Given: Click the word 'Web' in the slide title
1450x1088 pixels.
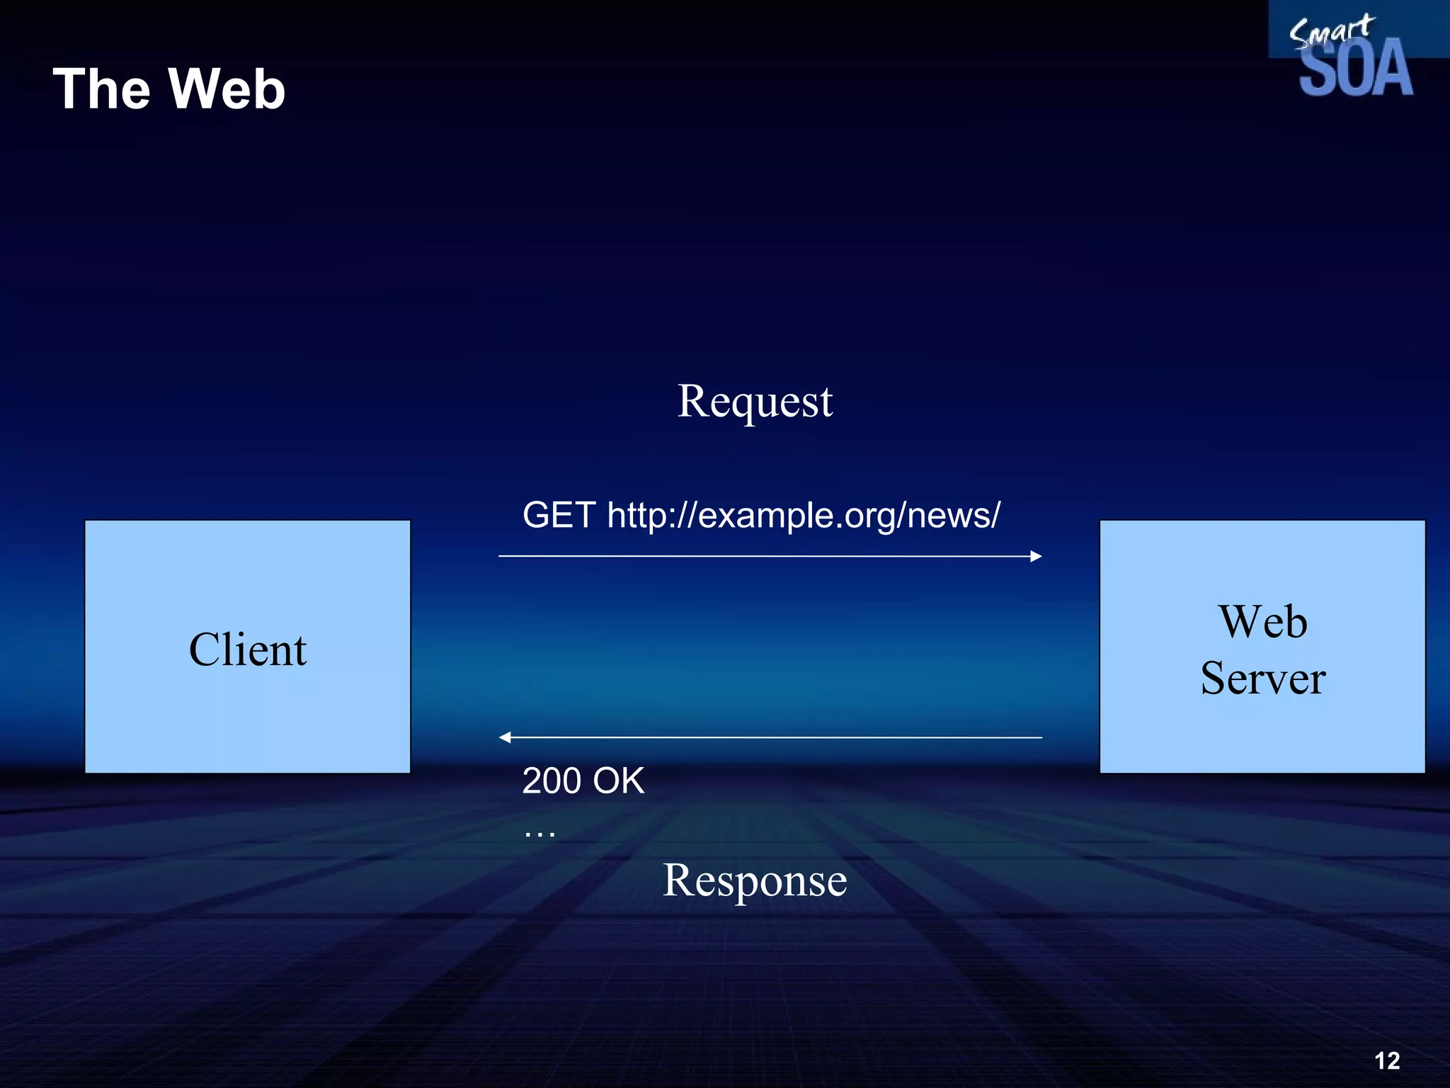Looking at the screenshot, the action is [x=227, y=89].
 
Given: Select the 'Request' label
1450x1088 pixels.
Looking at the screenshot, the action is [x=755, y=402].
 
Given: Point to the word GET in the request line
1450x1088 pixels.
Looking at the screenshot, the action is [x=559, y=515].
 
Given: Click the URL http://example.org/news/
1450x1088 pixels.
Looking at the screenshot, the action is [x=804, y=516].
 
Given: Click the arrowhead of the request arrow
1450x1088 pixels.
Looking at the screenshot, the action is [x=1036, y=556].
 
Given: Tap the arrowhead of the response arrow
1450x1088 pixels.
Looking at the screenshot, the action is [x=505, y=737].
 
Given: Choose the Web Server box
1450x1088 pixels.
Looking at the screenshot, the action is [x=1262, y=737].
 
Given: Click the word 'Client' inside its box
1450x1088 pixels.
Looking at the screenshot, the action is [x=248, y=650].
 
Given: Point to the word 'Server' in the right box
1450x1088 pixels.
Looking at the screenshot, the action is [x=1263, y=679].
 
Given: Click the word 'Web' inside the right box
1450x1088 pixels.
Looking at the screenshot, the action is [x=1262, y=622].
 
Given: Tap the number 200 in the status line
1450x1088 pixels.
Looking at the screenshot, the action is [x=552, y=781].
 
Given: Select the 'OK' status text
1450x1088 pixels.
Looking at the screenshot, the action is [x=618, y=781].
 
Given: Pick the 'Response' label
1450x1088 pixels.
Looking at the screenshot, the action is [x=755, y=880].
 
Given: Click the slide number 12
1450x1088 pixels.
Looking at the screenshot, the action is [x=1387, y=1060].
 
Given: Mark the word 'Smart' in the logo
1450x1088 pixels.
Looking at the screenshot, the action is [x=1331, y=30].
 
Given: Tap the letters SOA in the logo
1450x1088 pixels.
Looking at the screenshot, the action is [x=1356, y=69].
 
